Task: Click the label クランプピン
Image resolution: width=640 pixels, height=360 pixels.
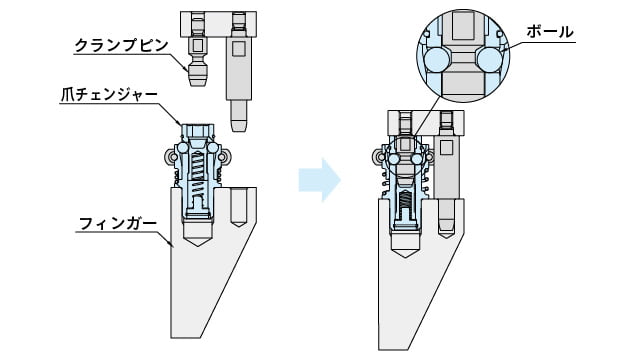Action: tap(122, 45)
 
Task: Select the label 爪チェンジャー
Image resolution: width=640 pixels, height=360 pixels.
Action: tap(109, 95)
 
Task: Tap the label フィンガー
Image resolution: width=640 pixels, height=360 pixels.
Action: tap(118, 224)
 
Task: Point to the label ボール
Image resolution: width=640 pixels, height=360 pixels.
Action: tap(550, 32)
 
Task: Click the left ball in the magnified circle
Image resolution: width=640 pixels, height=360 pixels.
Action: tap(437, 60)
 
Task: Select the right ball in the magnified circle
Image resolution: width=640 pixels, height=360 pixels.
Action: tap(489, 60)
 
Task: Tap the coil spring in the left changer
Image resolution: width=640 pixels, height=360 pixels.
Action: tap(197, 171)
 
